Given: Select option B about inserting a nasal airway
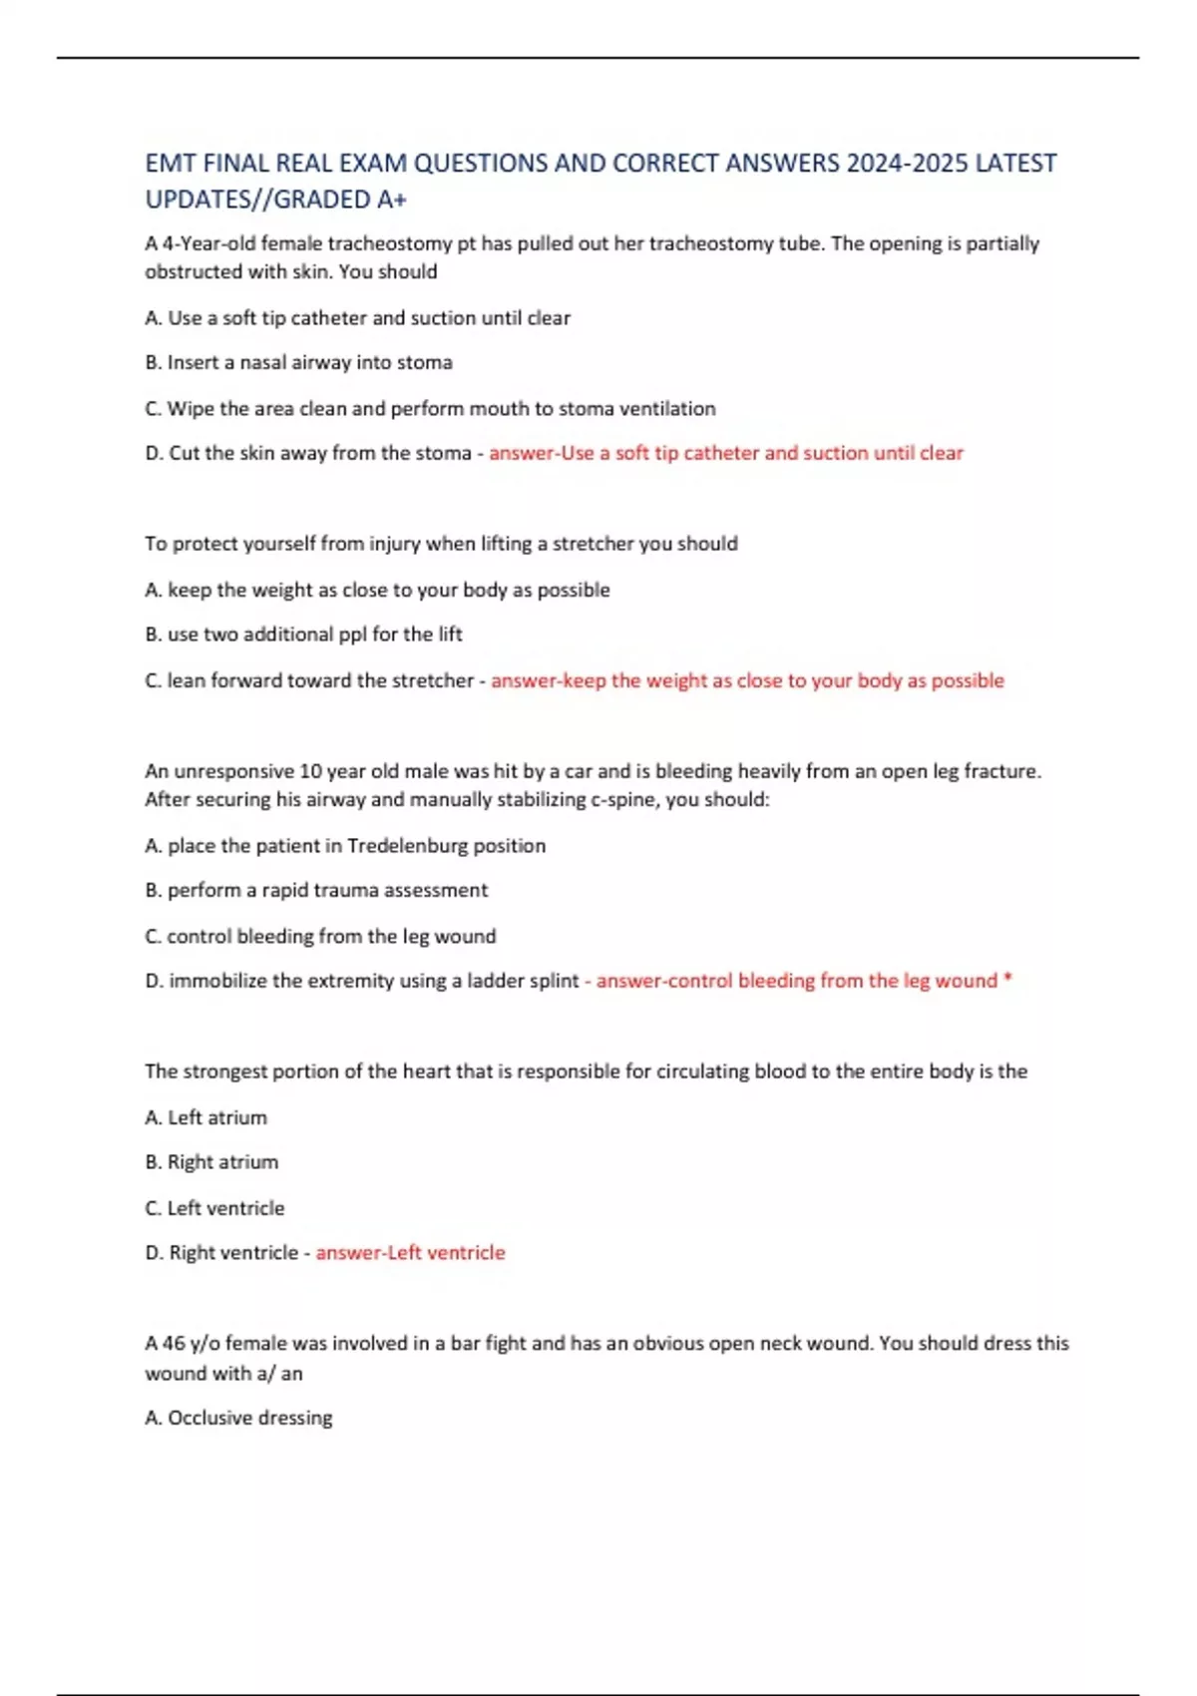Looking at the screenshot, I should (298, 362).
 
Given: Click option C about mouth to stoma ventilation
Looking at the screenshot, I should (430, 408).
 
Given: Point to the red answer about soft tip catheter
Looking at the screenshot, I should (726, 453).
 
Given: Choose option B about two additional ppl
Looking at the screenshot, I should (303, 635).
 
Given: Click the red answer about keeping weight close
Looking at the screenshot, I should (747, 680).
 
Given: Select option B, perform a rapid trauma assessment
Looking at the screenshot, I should (316, 890).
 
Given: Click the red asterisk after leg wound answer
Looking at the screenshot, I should (1007, 980).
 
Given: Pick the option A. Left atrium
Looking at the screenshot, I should (205, 1117).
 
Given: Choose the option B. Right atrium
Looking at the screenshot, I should (211, 1162).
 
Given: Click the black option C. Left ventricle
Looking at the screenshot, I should (214, 1208).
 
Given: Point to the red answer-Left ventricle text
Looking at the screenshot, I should (410, 1253).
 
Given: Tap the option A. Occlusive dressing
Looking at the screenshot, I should (238, 1418).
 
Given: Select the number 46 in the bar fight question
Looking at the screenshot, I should (174, 1344).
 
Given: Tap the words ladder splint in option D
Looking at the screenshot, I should (523, 981).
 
